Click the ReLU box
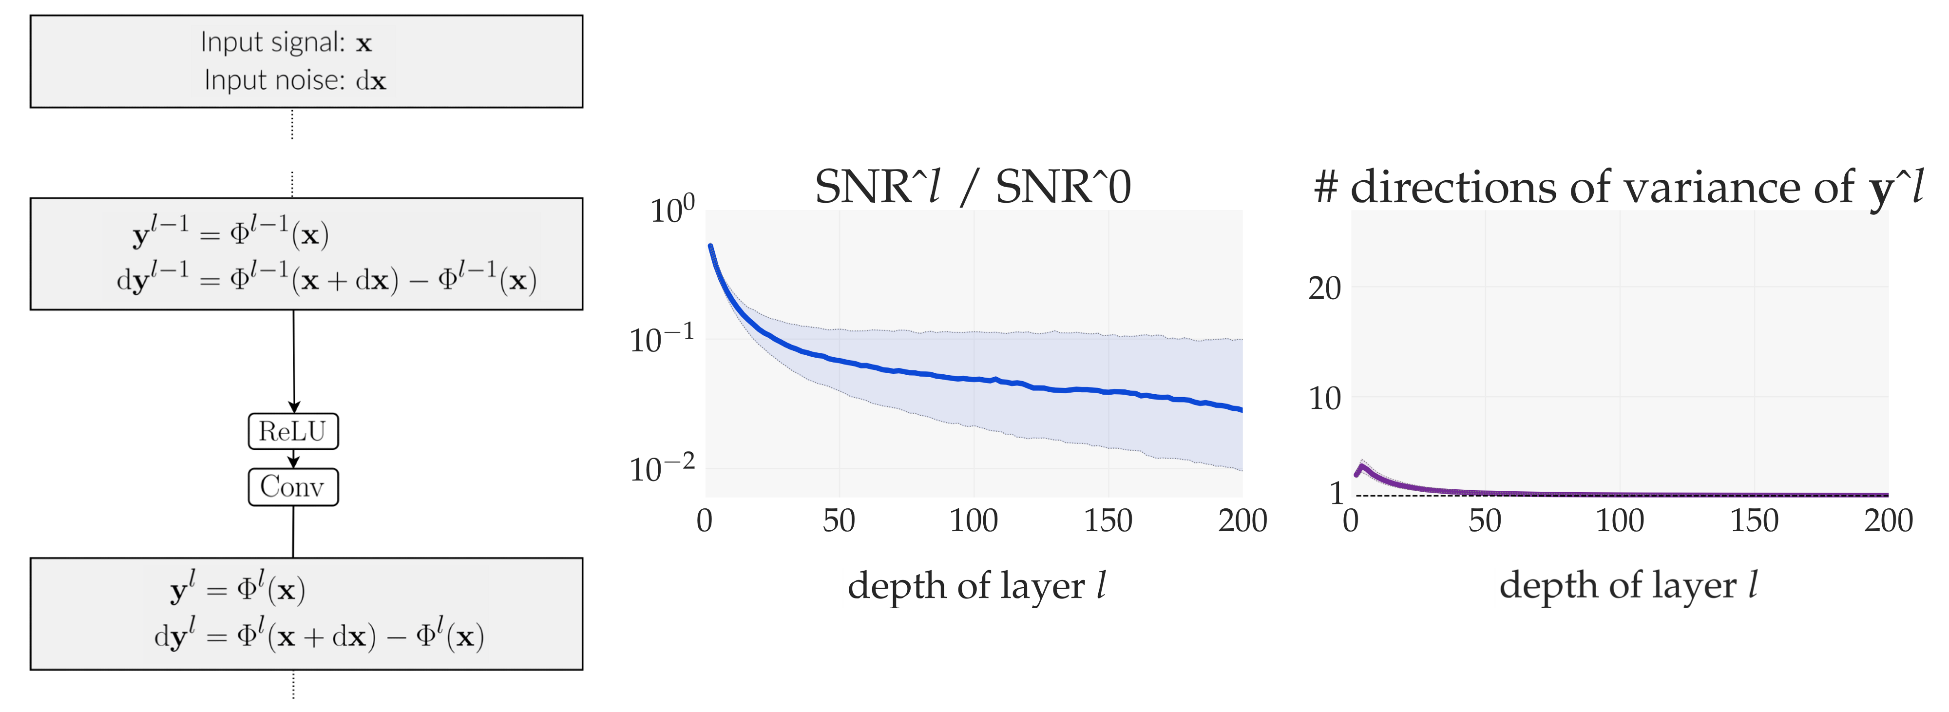(293, 431)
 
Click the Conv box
(293, 486)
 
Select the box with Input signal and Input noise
(306, 61)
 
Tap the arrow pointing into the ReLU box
(293, 407)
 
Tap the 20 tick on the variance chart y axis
(1324, 289)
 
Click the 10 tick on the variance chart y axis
(1324, 398)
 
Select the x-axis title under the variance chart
(1628, 586)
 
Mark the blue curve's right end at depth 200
(1241, 409)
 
